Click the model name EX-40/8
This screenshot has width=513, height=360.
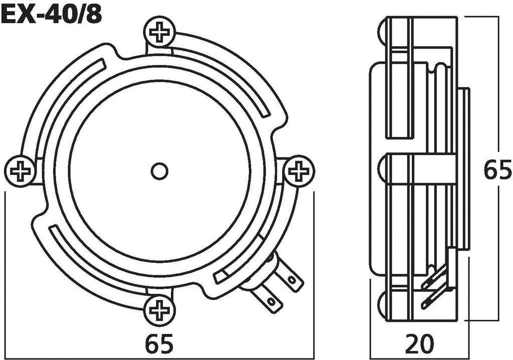(51, 15)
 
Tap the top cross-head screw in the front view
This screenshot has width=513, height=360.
(159, 33)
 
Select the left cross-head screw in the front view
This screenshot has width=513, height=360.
(20, 171)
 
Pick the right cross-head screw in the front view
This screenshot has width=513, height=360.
(299, 171)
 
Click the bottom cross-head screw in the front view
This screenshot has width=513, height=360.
(159, 311)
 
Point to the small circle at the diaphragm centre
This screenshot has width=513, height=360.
(159, 171)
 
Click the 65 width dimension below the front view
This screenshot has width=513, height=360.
(159, 344)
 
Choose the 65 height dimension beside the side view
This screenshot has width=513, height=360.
(497, 170)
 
